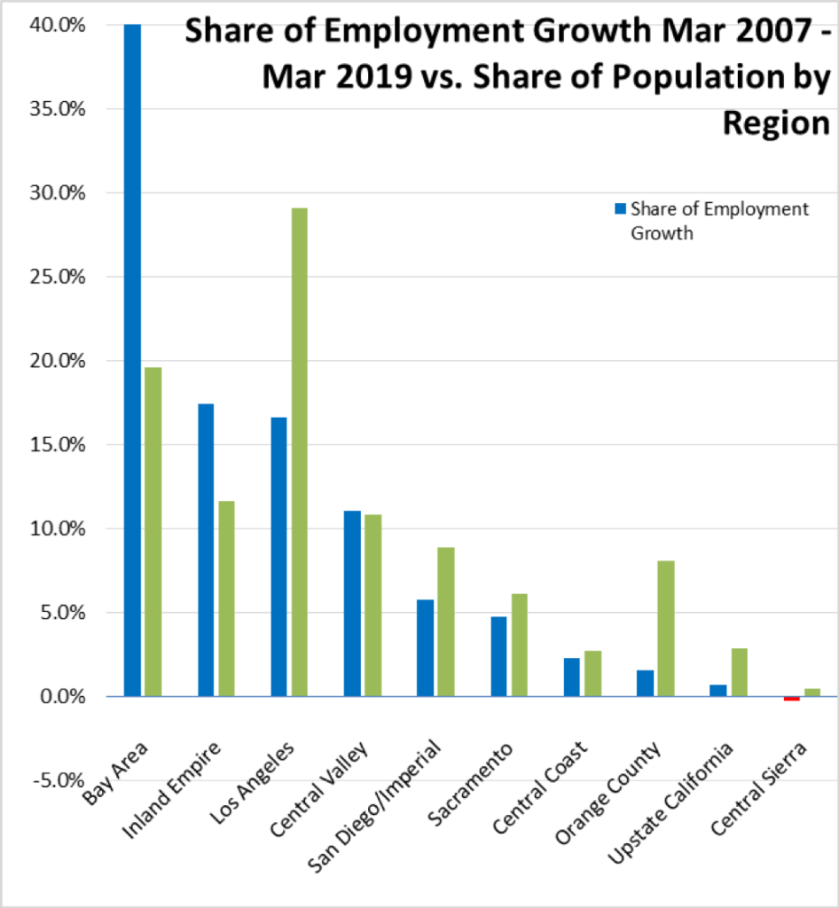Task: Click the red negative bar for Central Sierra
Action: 791,699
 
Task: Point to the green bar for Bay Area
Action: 153,532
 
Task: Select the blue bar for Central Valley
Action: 351,603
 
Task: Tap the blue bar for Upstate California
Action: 717,690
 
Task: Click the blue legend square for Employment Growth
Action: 621,210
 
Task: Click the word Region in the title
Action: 775,121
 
